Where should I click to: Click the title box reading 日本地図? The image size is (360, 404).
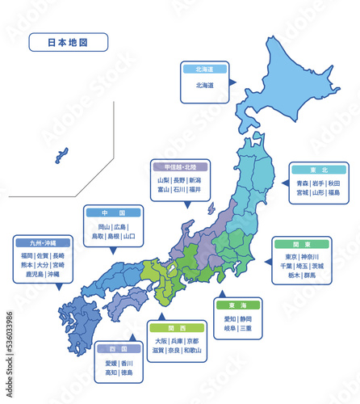point(68,42)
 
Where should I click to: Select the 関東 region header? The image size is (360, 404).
point(301,243)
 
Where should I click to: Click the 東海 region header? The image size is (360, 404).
point(237,305)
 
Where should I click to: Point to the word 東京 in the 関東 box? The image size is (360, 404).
point(291,256)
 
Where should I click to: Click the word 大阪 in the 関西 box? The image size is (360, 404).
point(161,341)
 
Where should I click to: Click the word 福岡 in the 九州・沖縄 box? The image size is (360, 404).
point(27,255)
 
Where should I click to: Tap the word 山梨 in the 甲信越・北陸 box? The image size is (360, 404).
point(164,180)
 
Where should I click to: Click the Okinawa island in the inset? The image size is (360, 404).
point(61,154)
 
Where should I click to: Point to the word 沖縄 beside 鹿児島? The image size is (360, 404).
point(53,275)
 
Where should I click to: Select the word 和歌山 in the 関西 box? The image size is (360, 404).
point(192,351)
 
